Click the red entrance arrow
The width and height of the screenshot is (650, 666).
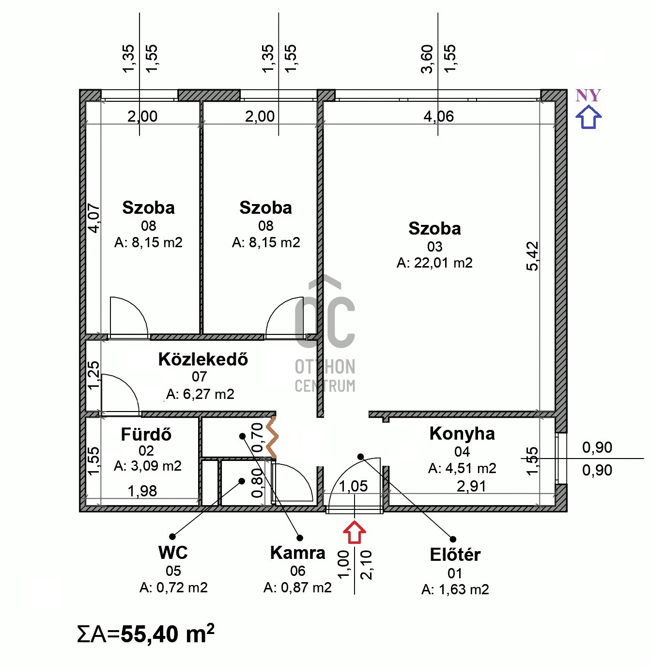coord(354,532)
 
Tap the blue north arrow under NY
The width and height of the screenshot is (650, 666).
coord(588,117)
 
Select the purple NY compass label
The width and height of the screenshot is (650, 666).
coord(588,95)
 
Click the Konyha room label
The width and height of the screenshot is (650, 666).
coord(462,434)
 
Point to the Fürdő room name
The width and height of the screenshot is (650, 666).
coord(146,434)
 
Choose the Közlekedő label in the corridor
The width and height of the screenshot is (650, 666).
coord(203,359)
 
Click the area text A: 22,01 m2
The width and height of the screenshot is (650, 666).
coord(434,263)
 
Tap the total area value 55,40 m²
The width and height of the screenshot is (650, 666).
coord(167,634)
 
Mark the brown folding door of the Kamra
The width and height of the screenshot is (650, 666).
coord(272,437)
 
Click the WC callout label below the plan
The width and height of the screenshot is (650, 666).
coord(173,553)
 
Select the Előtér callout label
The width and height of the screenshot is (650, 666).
coord(455,555)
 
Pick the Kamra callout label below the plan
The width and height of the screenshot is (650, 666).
coord(297,553)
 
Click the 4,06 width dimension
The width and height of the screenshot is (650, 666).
coord(439,117)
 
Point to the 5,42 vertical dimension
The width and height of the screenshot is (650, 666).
coord(532,256)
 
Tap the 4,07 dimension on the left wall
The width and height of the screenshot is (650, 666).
coord(93,218)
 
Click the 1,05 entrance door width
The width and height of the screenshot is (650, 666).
coord(353,486)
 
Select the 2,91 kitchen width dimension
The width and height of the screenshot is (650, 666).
coord(471,486)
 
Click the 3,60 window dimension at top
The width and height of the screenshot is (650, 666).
coord(427,59)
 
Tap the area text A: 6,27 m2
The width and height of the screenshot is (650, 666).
coord(200,394)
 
